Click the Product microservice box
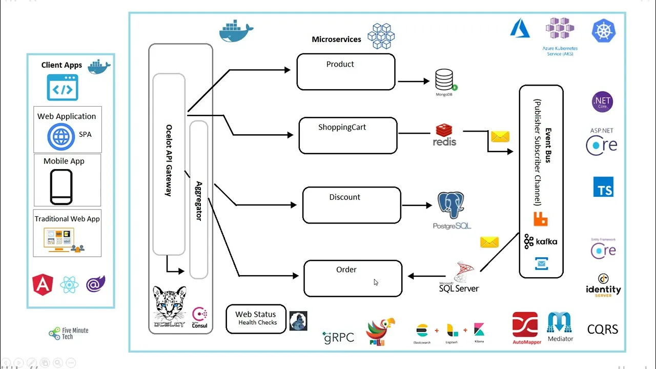346,72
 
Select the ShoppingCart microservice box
348,136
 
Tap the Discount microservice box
352,205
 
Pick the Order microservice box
353,278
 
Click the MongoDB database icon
444,81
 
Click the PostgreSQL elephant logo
452,207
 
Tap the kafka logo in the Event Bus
541,241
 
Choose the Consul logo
199,317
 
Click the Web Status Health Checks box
256,318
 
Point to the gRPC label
338,337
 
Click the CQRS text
603,329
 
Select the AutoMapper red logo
525,325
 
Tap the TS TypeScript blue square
603,187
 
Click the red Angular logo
43,284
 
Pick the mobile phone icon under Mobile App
61,187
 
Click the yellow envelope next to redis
500,137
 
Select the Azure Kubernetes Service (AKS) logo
560,30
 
